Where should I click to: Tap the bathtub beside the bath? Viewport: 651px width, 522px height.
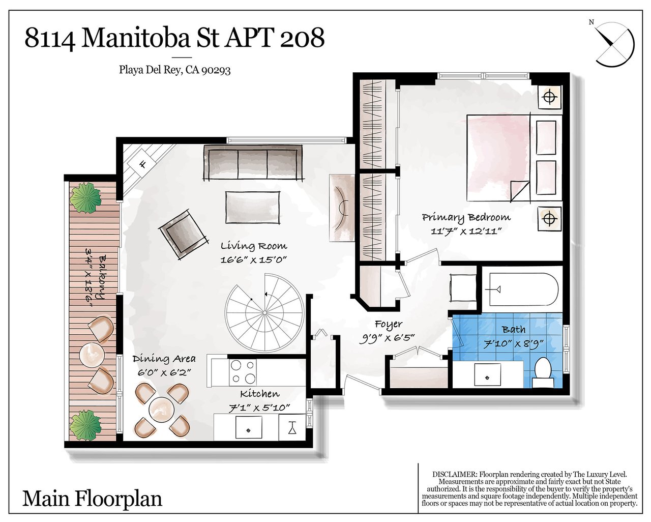524,289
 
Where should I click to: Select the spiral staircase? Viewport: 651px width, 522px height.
264,312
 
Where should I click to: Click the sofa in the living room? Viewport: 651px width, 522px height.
253,163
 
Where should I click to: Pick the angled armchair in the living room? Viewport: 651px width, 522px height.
184,234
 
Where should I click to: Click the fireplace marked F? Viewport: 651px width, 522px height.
143,165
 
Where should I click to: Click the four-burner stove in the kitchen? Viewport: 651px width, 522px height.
243,372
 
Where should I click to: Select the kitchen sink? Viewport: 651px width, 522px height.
249,427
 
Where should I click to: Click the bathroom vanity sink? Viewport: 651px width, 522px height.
487,374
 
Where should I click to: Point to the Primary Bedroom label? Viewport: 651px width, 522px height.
466,217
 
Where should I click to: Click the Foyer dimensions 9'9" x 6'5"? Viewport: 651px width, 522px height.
387,338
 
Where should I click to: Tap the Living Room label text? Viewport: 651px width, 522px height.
253,246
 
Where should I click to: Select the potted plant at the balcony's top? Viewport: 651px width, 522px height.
85,199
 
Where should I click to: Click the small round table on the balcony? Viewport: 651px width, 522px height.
92,355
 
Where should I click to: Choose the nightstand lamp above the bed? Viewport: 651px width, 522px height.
550,97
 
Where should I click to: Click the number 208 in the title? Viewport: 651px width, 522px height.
302,39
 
